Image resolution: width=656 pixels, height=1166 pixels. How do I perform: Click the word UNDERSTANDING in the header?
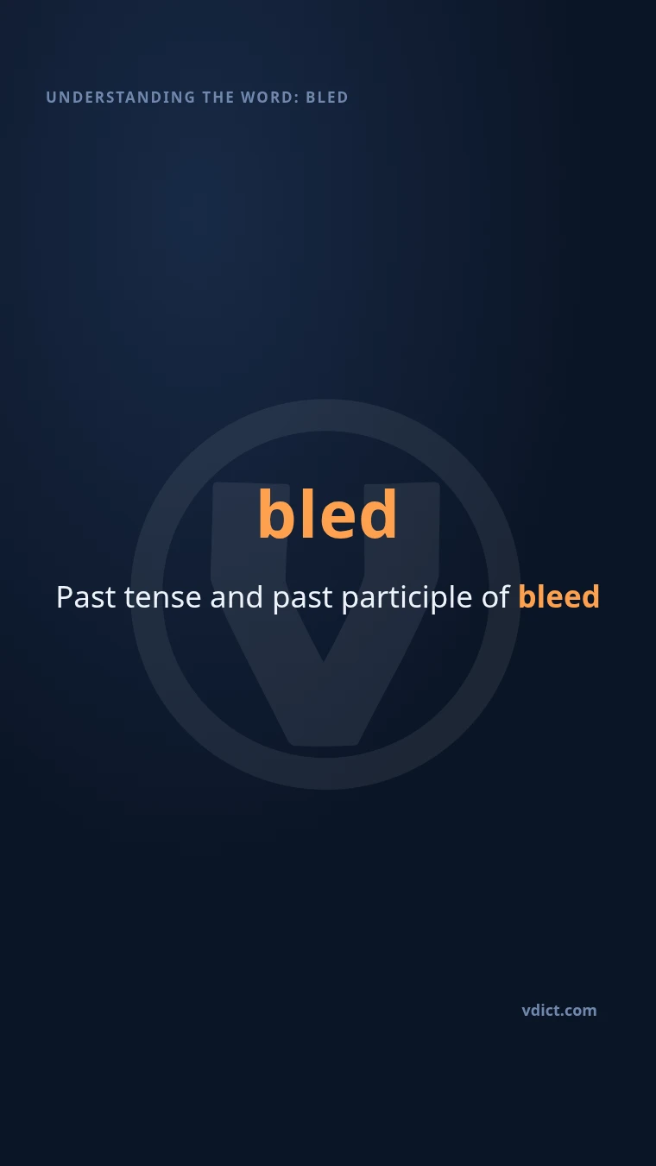point(121,98)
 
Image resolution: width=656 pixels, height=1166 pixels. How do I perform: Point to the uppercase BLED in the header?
point(327,98)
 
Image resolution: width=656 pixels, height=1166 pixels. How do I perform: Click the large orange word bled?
point(328,514)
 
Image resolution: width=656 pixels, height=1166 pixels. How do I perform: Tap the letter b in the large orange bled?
point(274,514)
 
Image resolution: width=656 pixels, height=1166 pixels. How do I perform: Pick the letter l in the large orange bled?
point(305,514)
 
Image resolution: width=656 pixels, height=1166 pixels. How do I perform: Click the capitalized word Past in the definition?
point(86,596)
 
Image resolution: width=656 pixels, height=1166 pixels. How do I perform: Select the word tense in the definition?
point(162,597)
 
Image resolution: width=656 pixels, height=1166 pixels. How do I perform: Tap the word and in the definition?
point(237,596)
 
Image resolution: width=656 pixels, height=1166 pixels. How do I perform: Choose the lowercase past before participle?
point(302,600)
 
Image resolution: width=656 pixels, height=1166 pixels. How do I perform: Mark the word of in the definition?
point(495,596)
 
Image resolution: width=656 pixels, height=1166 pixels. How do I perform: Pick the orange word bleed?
point(559,596)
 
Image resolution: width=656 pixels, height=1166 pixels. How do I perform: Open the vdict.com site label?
point(559,1011)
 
